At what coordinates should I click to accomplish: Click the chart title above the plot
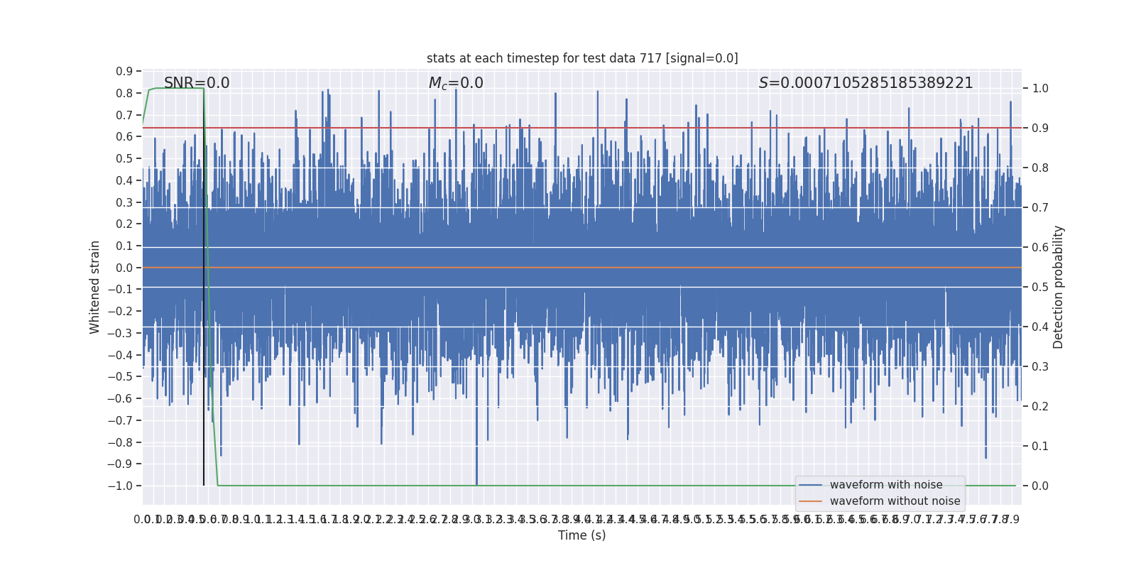[x=582, y=58]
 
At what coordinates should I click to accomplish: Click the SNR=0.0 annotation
[x=197, y=83]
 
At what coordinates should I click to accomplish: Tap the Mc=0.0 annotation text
[x=456, y=83]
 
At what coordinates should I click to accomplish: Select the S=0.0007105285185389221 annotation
[x=865, y=83]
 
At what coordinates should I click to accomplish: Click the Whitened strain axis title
[x=95, y=287]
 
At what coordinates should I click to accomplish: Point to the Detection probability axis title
[x=1059, y=287]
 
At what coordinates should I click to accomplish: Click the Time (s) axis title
[x=581, y=535]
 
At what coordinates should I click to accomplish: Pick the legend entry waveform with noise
[x=886, y=485]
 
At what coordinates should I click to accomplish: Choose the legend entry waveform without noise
[x=895, y=501]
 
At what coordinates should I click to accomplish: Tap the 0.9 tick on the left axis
[x=124, y=71]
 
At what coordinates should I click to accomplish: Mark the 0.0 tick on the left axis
[x=124, y=268]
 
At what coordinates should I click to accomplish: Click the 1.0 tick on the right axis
[x=1040, y=89]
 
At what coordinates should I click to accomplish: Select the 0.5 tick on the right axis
[x=1040, y=287]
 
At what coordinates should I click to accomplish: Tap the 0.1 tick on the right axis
[x=1040, y=446]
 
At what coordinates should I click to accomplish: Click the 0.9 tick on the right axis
[x=1040, y=129]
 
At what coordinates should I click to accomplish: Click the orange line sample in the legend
[x=810, y=501]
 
